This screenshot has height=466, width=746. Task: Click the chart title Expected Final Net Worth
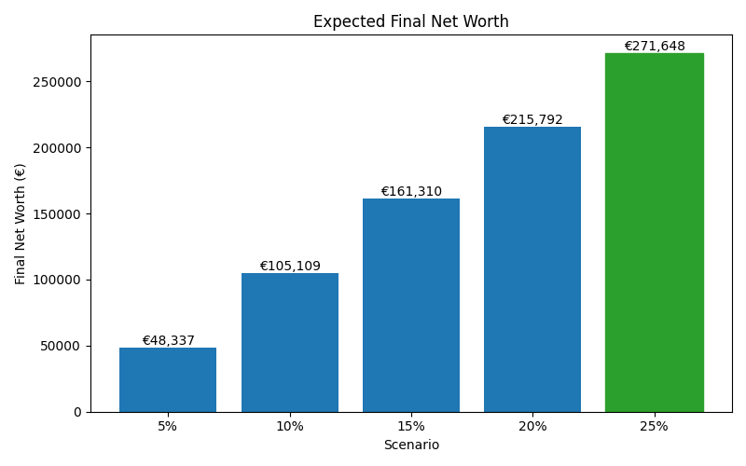[x=410, y=21]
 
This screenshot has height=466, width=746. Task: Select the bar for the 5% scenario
[x=168, y=379]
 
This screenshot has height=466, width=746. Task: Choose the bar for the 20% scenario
[x=532, y=269]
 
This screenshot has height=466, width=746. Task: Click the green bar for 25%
[x=654, y=232]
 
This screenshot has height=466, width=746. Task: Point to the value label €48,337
[x=168, y=341]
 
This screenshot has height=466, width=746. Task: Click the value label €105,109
[x=290, y=267]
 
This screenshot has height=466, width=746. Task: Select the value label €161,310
[x=411, y=192]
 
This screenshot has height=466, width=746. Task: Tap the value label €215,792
[x=532, y=120]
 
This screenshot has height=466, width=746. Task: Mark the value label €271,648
[x=654, y=47]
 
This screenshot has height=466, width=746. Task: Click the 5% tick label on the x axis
[x=168, y=426]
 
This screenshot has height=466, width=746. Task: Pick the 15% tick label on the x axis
[x=411, y=426]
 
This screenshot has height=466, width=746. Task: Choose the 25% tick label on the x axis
[x=654, y=426]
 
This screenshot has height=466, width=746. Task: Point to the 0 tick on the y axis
[x=78, y=412]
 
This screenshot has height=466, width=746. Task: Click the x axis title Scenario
[x=411, y=445]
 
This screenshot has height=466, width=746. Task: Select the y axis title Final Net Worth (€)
[x=21, y=224]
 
